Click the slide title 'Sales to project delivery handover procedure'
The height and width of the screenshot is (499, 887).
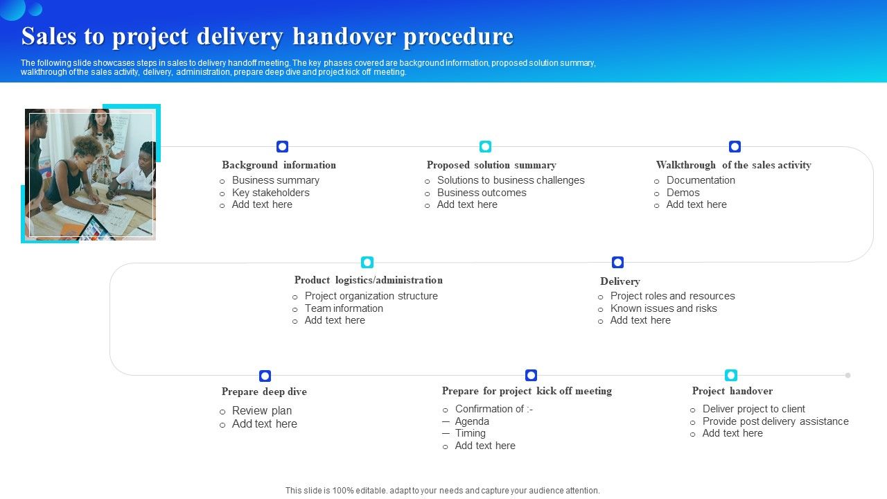click(267, 36)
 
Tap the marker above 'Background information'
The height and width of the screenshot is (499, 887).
click(282, 146)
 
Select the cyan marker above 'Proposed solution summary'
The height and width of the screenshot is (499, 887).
click(485, 146)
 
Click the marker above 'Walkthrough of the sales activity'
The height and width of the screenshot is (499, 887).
click(735, 146)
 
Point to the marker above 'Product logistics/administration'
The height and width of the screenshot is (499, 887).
click(367, 262)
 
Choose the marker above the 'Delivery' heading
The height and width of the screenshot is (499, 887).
click(617, 262)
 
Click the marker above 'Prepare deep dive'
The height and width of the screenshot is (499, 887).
click(265, 376)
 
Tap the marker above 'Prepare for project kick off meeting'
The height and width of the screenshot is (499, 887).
click(531, 375)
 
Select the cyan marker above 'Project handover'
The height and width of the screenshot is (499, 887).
click(731, 375)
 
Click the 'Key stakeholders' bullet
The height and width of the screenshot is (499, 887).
click(270, 193)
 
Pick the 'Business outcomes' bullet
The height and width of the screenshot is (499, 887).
click(482, 193)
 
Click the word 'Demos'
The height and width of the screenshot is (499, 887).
click(683, 193)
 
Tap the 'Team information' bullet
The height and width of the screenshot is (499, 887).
click(344, 308)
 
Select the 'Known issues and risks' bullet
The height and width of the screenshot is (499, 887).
click(663, 308)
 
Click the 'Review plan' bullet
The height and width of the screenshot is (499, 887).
click(262, 410)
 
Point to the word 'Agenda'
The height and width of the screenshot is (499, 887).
click(472, 421)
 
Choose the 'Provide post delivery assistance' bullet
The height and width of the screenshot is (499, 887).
click(775, 421)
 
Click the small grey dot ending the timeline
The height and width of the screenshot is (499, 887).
click(848, 375)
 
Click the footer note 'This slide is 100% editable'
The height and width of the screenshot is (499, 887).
click(442, 490)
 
